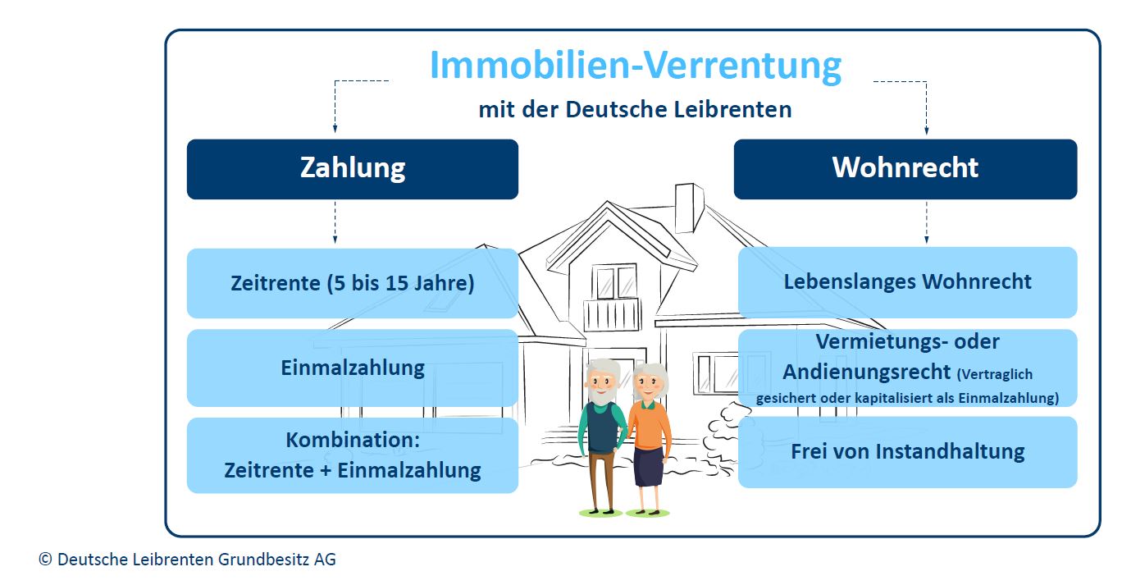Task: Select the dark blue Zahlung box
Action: (353, 170)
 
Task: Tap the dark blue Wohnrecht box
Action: (905, 170)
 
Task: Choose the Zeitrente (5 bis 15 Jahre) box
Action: (353, 283)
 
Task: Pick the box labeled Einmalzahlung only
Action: (353, 368)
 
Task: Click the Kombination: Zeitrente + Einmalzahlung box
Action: (353, 455)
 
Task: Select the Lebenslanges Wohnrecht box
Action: (908, 282)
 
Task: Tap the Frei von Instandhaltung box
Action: (908, 452)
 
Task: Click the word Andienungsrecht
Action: (867, 372)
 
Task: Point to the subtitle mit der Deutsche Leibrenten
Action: (635, 109)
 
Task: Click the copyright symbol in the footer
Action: (45, 560)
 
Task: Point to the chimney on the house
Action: (689, 208)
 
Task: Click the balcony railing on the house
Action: (612, 315)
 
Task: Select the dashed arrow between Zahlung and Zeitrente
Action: (335, 222)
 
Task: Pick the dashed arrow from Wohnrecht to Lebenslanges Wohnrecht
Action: (926, 222)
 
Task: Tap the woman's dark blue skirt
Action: (649, 467)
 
